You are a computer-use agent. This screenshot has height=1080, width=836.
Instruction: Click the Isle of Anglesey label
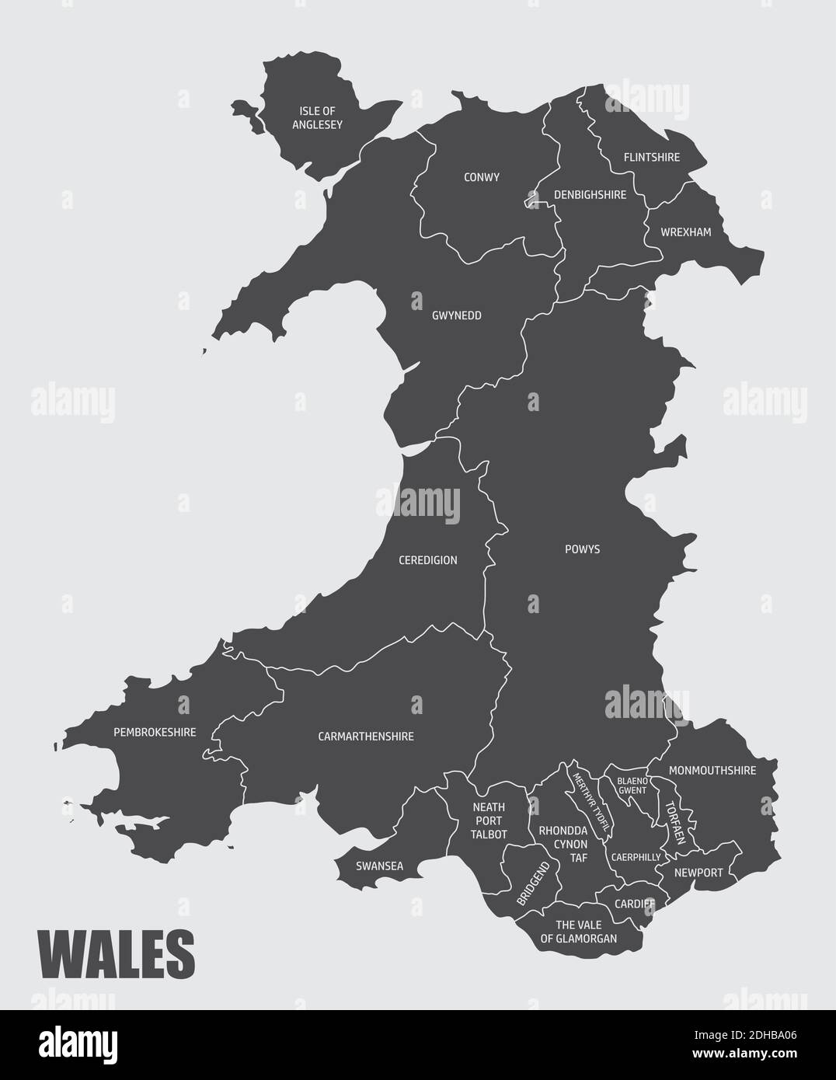(317, 117)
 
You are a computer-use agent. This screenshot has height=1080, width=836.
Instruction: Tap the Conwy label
(482, 177)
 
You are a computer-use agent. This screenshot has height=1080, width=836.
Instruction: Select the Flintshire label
(651, 157)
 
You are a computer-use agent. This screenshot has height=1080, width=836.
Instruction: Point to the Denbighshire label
(590, 195)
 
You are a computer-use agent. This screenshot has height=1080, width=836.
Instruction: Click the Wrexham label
(685, 232)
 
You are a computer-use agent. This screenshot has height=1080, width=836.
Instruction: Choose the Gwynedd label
(457, 315)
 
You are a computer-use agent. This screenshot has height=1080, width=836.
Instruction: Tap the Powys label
(582, 549)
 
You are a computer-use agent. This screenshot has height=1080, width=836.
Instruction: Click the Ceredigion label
(427, 559)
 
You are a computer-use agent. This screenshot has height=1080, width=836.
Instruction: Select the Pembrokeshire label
(155, 732)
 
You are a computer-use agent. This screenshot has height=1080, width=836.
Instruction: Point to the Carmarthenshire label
(366, 736)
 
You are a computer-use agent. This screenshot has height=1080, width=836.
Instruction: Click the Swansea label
(379, 866)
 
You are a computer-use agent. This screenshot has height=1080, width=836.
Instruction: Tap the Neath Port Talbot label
(489, 820)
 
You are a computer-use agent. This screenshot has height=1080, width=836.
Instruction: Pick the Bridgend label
(533, 884)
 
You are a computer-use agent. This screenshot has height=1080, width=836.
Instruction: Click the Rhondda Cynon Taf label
(563, 844)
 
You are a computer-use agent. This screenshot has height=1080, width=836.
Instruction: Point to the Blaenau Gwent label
(632, 785)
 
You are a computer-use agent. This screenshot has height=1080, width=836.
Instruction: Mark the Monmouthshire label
(712, 771)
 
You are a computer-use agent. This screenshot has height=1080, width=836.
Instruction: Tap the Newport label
(698, 873)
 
